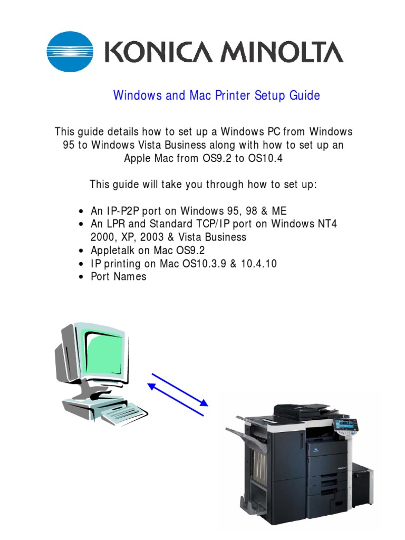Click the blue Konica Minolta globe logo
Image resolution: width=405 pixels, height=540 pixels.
pos(70,51)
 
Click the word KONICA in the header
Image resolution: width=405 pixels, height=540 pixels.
pos(158,52)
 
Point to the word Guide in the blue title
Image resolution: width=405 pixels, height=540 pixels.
pos(304,95)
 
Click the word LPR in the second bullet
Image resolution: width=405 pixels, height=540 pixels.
pos(116,224)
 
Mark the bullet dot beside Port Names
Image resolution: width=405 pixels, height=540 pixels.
pos(81,277)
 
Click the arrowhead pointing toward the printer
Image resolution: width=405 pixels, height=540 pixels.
pos(204,402)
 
